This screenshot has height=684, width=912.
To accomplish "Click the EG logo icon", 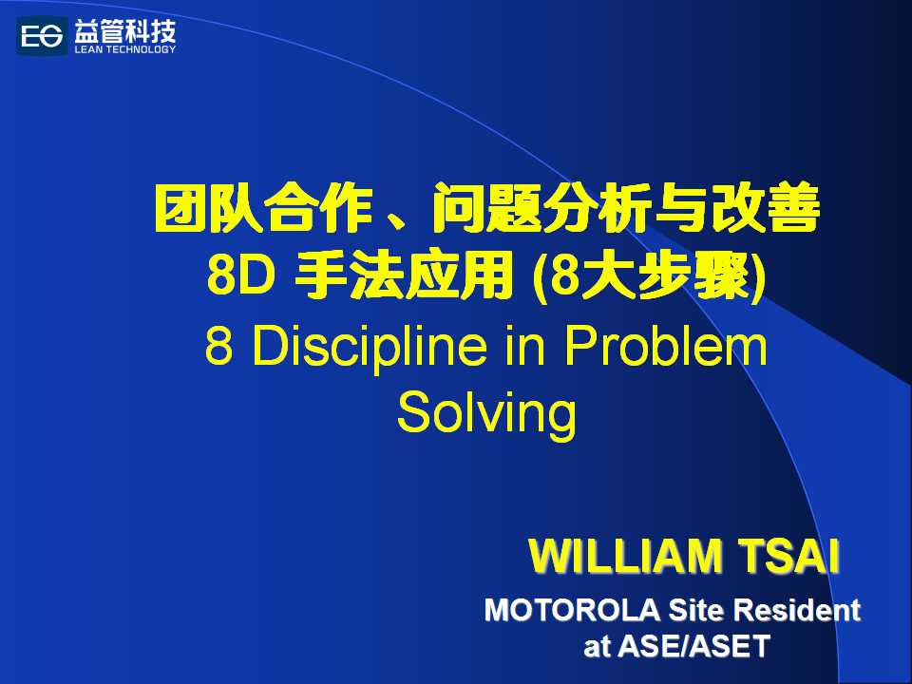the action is point(42,37).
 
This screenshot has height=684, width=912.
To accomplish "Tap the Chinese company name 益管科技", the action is point(125,31).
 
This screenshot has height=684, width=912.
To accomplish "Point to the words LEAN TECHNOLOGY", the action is point(125,49).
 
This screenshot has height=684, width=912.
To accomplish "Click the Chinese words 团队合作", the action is point(263,208).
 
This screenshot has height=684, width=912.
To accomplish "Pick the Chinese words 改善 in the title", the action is point(765,208).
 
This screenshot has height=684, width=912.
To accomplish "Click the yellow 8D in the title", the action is point(240,275).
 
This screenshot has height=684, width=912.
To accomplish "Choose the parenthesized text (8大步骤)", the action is point(649,276).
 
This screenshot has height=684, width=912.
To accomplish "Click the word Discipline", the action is point(369,348).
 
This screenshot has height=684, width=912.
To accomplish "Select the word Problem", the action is point(665,346).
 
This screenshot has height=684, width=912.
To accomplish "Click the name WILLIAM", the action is point(625,557).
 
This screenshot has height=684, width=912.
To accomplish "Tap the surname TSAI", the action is point(788,557).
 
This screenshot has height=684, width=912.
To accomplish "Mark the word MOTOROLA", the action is point(572,610).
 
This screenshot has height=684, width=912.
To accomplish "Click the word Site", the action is point(695,610).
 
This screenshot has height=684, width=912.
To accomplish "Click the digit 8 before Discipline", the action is point(218,346).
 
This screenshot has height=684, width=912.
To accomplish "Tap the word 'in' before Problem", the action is point(524,346).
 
